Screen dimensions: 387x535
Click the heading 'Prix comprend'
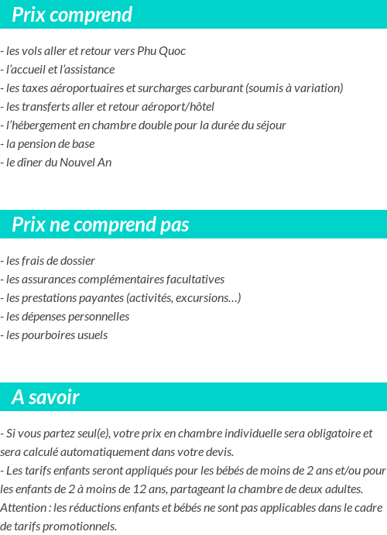coord(72,15)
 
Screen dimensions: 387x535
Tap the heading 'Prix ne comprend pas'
coord(101,225)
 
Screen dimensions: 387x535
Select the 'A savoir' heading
coord(46,397)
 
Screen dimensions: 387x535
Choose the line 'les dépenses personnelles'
coord(67,317)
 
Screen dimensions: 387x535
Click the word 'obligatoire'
coord(326,434)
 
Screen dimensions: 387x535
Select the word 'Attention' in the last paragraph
coord(24,508)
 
